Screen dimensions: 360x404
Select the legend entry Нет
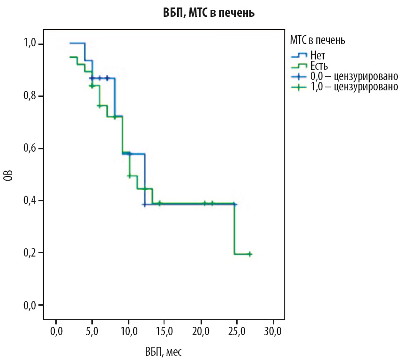pos(317,56)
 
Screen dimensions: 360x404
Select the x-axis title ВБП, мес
pos(162,351)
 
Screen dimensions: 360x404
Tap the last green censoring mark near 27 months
pos(250,254)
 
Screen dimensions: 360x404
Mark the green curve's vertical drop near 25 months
pos(234,229)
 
